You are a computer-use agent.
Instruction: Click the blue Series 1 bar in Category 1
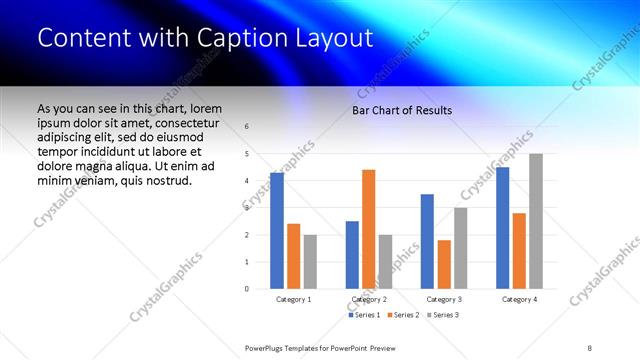(x=277, y=231)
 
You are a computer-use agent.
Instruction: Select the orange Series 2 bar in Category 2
(x=369, y=229)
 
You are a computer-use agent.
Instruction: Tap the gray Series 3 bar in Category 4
(x=536, y=221)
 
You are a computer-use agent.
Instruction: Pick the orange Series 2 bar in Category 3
(x=444, y=264)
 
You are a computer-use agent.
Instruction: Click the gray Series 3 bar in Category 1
(x=311, y=262)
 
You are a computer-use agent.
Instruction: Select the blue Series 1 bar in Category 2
(x=352, y=255)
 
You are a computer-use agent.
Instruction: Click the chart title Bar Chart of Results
(x=402, y=110)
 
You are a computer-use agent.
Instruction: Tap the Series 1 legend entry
(x=364, y=315)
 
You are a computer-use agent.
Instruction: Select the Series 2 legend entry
(x=402, y=315)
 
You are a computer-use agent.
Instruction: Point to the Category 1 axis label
(x=294, y=299)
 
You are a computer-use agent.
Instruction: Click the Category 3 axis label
(x=444, y=299)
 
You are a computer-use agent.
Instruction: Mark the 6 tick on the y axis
(x=247, y=127)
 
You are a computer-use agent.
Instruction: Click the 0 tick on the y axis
(x=247, y=289)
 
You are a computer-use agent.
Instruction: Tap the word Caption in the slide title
(x=226, y=38)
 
